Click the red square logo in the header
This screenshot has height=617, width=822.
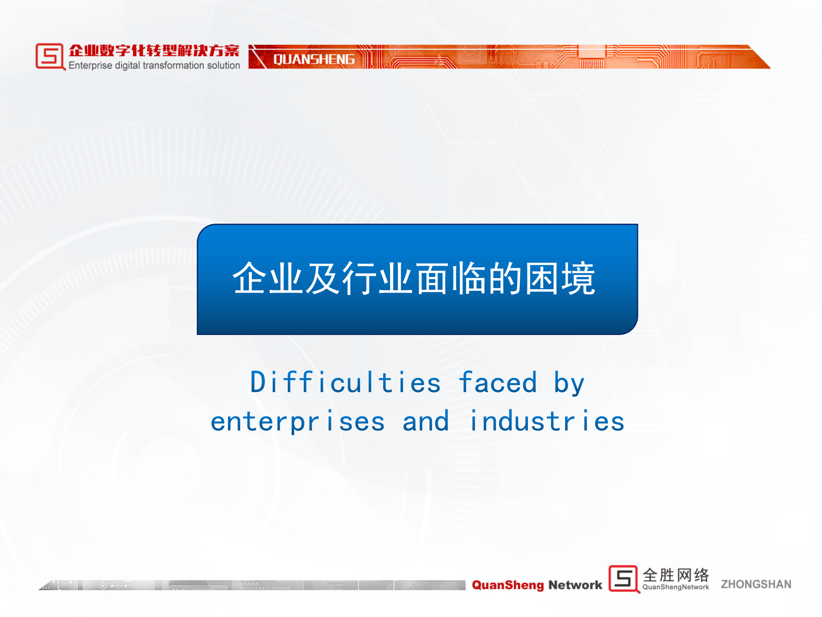50,56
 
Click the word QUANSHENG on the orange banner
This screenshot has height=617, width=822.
314,59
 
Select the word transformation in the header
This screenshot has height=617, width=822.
173,65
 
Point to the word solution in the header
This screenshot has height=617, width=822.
223,65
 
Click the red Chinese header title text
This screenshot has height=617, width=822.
154,51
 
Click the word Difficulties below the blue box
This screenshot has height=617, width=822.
345,382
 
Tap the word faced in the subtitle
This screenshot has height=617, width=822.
497,382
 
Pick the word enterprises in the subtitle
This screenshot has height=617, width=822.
298,422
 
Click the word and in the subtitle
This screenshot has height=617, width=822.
426,421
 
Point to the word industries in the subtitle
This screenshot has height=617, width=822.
547,421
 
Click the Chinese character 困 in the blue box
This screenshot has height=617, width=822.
542,279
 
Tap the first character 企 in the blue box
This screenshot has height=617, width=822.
250,279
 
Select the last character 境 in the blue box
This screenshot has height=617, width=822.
578,279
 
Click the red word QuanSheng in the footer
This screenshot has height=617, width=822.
508,585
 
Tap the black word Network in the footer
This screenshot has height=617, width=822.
575,585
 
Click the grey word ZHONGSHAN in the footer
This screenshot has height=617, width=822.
756,584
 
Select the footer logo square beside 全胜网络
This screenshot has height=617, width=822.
624,579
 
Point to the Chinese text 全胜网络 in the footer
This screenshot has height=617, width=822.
676,575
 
